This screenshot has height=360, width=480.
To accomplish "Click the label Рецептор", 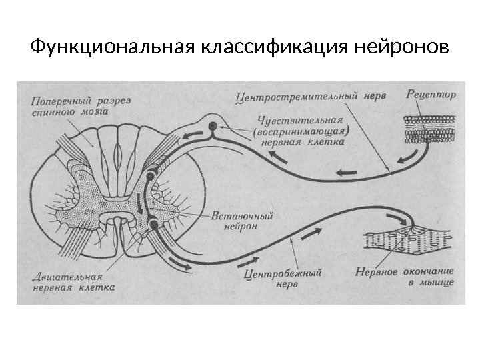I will click(x=431, y=95).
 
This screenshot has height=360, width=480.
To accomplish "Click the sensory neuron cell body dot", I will click(x=213, y=125).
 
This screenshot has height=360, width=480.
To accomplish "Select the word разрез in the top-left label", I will click(x=114, y=101).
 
